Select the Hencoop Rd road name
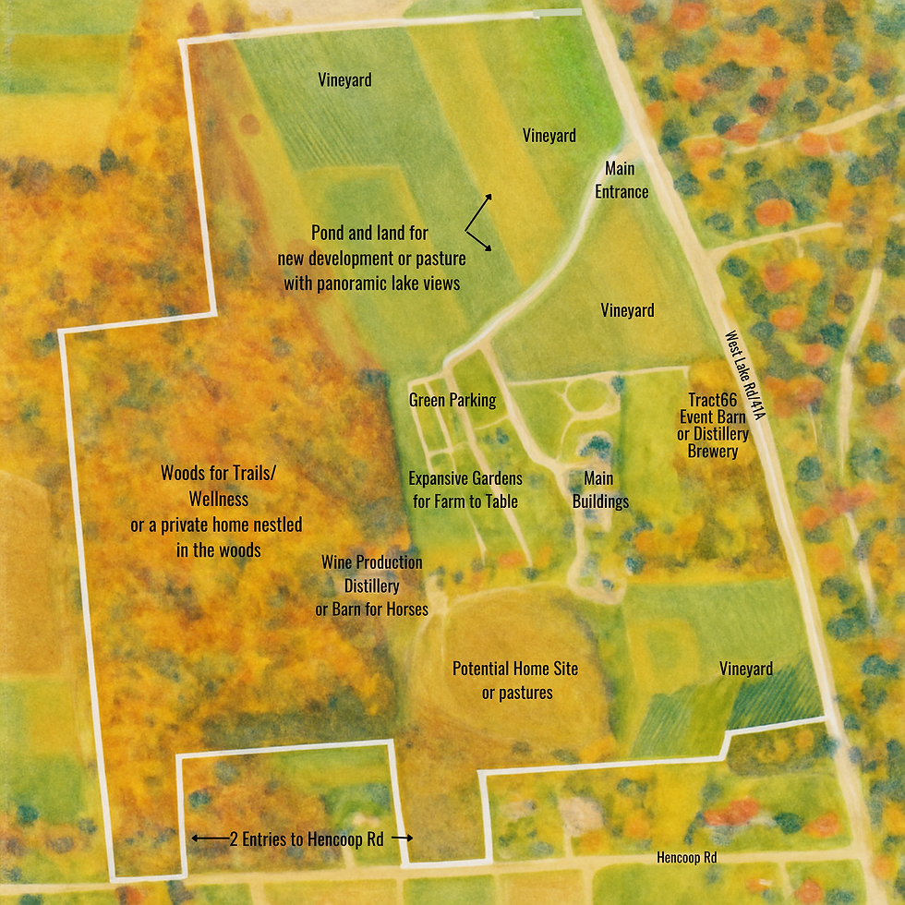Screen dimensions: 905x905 click(686, 857)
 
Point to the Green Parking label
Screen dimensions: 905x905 click(452, 401)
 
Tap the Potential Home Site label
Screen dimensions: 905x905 click(502, 681)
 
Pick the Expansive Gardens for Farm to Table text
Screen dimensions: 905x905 click(465, 490)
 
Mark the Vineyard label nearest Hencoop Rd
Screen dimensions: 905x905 click(746, 669)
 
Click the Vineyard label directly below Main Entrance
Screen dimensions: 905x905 click(627, 310)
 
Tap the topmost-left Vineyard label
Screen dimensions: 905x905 click(344, 80)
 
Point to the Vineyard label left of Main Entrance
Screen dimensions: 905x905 click(549, 136)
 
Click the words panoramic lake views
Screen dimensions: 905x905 click(371, 284)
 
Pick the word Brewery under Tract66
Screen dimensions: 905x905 click(712, 452)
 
